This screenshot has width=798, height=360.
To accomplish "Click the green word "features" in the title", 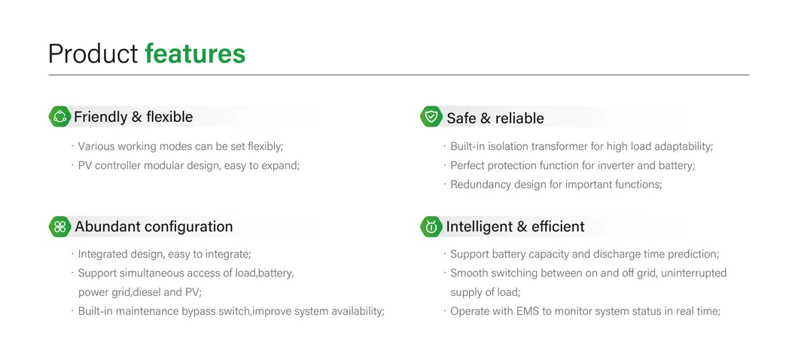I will [x=195, y=53].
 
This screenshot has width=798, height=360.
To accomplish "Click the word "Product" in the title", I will [x=93, y=53].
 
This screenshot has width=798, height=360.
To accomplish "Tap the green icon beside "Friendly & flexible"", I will [x=59, y=117].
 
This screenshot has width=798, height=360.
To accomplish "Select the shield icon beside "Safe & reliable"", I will [x=431, y=117].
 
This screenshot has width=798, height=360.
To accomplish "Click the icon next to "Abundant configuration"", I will [x=59, y=226].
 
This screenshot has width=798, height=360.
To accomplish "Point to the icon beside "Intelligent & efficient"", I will [x=431, y=226].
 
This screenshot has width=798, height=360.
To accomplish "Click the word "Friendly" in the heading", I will [x=100, y=117].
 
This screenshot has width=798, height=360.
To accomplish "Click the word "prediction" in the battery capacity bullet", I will [x=692, y=255].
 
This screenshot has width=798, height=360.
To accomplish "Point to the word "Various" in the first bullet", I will [x=96, y=146].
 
